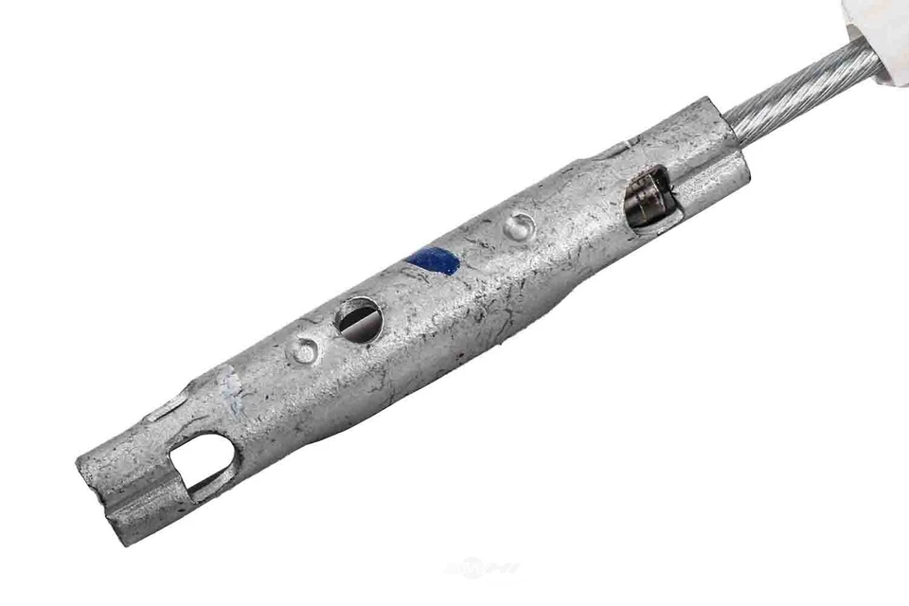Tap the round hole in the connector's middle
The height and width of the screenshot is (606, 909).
pos(359,319)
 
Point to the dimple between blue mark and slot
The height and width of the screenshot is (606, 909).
pos(518,225)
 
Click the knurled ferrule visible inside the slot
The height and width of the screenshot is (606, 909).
pos(649,198)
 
